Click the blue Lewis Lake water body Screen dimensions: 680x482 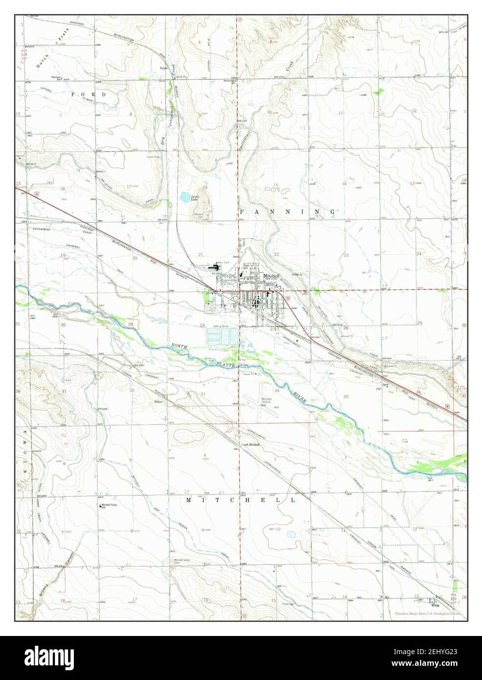click(185, 197)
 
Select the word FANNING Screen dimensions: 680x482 click(287, 211)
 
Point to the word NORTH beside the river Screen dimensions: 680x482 click(180, 347)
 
